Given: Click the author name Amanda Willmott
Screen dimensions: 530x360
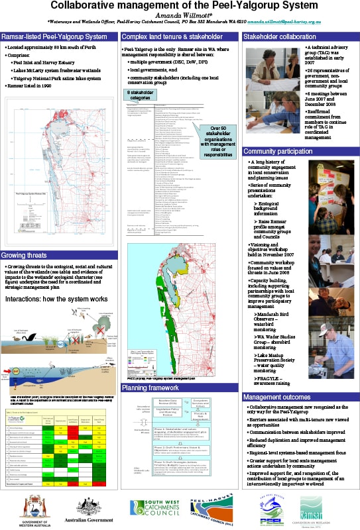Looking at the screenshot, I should coord(180,14).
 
